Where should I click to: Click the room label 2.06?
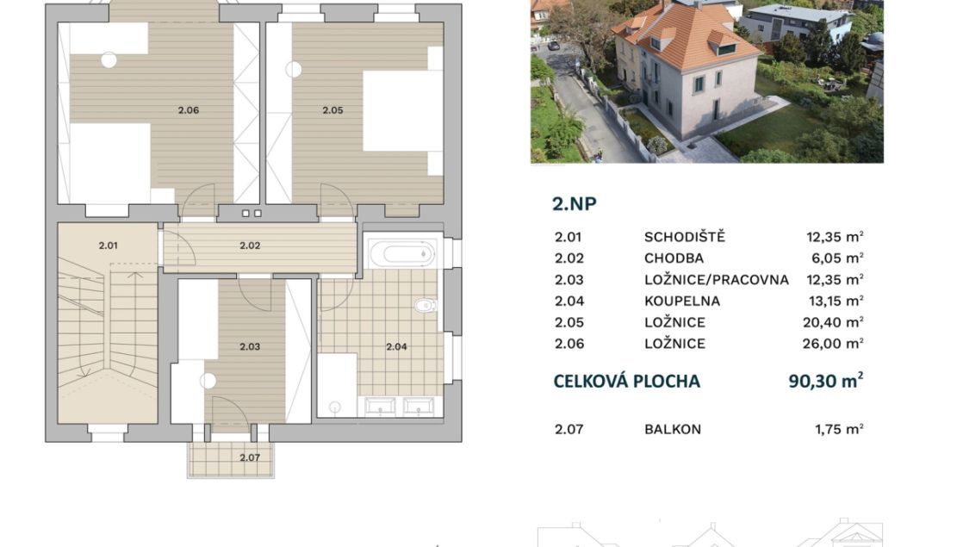point(189,110)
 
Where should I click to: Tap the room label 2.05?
point(332,110)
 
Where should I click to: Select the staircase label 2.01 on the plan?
point(108,246)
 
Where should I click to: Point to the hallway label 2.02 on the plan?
point(250,246)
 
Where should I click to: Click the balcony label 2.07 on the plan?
point(250,457)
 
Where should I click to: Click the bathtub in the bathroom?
point(401,252)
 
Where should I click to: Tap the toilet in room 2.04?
point(426,305)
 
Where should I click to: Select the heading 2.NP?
point(575,203)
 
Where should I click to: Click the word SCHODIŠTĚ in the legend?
point(685,237)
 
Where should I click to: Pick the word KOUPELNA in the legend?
point(682,301)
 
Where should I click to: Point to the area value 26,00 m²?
point(833,344)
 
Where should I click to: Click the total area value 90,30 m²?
point(826,381)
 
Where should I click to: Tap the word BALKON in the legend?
point(673,429)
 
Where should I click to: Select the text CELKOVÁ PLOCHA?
point(627,382)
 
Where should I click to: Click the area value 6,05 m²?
point(837,258)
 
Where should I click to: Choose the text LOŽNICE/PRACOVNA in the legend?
point(717,280)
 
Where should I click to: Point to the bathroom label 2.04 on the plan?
point(396,347)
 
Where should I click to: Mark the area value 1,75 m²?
point(839,429)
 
